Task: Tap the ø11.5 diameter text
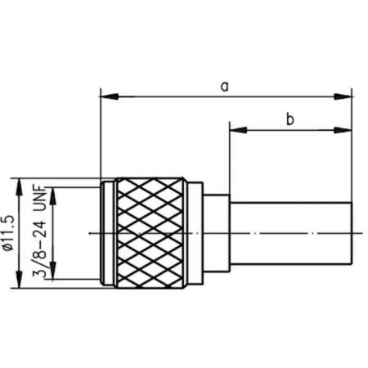coord(12,233)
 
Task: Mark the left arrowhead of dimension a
coord(106,96)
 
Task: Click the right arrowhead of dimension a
coord(347,96)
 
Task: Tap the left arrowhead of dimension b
coord(236,131)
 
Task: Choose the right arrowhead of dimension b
coord(347,131)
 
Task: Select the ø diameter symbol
coord(12,269)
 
